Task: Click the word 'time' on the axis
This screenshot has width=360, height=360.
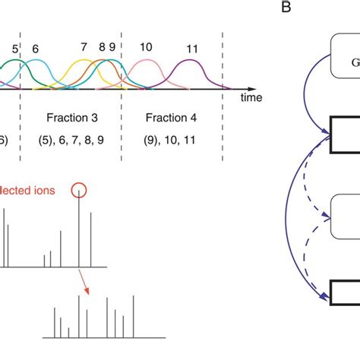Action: pyautogui.click(x=252, y=98)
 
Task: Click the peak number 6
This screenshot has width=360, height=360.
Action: pyautogui.click(x=35, y=49)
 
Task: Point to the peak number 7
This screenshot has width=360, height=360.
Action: pyautogui.click(x=84, y=47)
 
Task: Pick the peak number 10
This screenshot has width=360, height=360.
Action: pyautogui.click(x=146, y=47)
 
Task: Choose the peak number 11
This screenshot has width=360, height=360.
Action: pyautogui.click(x=192, y=49)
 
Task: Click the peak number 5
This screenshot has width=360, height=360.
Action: pyautogui.click(x=14, y=50)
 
